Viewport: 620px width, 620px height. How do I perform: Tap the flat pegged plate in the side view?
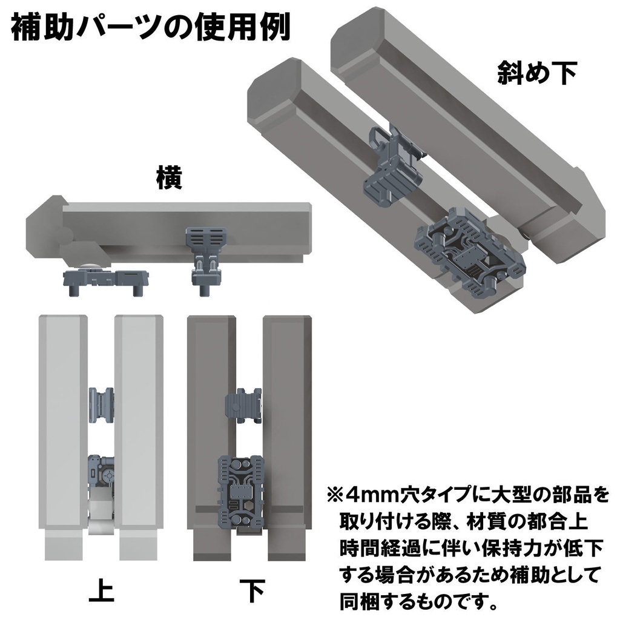(106, 280)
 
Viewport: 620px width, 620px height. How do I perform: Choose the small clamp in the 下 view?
(243, 404)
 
